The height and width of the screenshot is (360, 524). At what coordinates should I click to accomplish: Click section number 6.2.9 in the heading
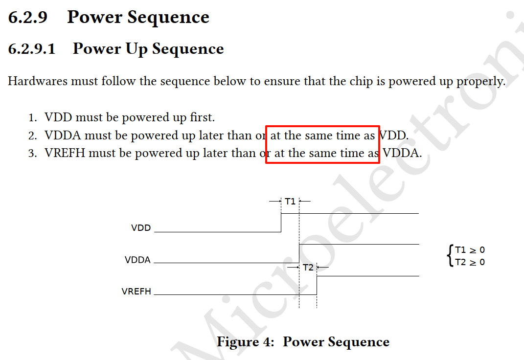(x=28, y=18)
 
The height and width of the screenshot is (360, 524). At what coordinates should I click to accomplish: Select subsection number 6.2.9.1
(x=32, y=49)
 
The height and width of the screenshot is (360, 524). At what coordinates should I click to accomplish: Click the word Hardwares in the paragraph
(x=37, y=81)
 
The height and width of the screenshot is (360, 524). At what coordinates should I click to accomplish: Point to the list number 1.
(x=32, y=118)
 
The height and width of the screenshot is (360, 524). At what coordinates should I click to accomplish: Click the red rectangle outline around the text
(x=322, y=126)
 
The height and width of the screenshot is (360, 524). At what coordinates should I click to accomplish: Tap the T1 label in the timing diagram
(x=290, y=201)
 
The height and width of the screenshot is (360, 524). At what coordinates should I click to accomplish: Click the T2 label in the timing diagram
(x=308, y=268)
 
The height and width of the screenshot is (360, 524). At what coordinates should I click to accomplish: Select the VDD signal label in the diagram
(x=141, y=228)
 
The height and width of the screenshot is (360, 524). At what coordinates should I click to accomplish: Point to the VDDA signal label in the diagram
(x=137, y=260)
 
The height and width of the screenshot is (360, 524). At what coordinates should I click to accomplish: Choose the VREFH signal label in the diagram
(x=137, y=292)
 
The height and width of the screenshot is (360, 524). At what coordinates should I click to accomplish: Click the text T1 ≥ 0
(x=470, y=250)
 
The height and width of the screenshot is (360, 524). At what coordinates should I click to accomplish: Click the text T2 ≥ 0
(x=470, y=262)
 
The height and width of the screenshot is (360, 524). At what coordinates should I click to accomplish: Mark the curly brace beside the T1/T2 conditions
(x=450, y=256)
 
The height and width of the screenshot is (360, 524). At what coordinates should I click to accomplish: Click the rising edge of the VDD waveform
(x=281, y=223)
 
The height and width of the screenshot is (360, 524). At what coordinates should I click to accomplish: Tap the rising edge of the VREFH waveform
(x=317, y=286)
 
